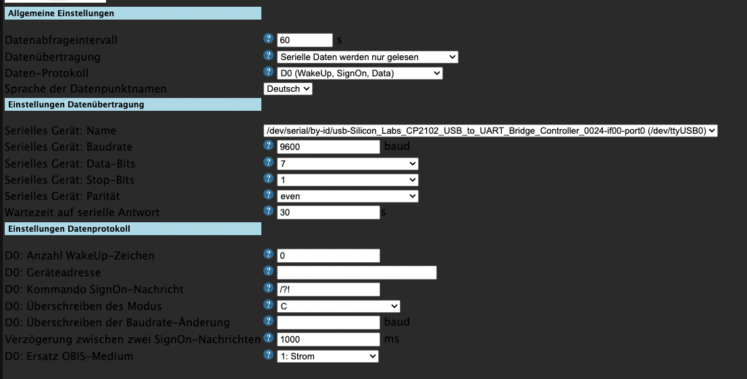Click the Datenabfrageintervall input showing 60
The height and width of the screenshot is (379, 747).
click(x=305, y=40)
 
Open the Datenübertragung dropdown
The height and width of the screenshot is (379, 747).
click(x=367, y=57)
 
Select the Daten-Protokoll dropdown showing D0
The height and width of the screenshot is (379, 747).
click(x=360, y=74)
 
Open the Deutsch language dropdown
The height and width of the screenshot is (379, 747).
click(x=288, y=89)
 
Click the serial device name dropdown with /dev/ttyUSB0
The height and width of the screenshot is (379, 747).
click(x=490, y=130)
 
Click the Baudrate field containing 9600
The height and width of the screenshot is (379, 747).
click(x=328, y=147)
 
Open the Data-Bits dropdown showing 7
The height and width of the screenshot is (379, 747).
click(x=348, y=163)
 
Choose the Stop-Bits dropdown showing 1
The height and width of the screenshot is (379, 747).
click(x=348, y=180)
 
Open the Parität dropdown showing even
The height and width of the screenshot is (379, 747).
click(x=348, y=196)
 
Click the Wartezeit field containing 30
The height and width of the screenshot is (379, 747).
click(x=328, y=212)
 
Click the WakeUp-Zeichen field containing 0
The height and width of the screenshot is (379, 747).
click(x=328, y=255)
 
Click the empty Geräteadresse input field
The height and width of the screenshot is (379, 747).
click(x=357, y=273)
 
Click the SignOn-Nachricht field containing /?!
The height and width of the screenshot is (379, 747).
click(x=328, y=289)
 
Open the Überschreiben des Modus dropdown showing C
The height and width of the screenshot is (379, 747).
click(x=339, y=306)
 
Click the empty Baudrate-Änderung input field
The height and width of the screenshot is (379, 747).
click(x=328, y=323)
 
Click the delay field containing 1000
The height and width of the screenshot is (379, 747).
click(x=328, y=339)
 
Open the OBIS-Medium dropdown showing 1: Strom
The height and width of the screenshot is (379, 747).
click(x=328, y=356)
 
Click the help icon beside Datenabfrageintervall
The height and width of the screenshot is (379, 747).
click(x=269, y=39)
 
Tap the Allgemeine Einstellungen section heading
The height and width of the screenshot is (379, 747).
click(x=133, y=14)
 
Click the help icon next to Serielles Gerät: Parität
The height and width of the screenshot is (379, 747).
click(x=269, y=195)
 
